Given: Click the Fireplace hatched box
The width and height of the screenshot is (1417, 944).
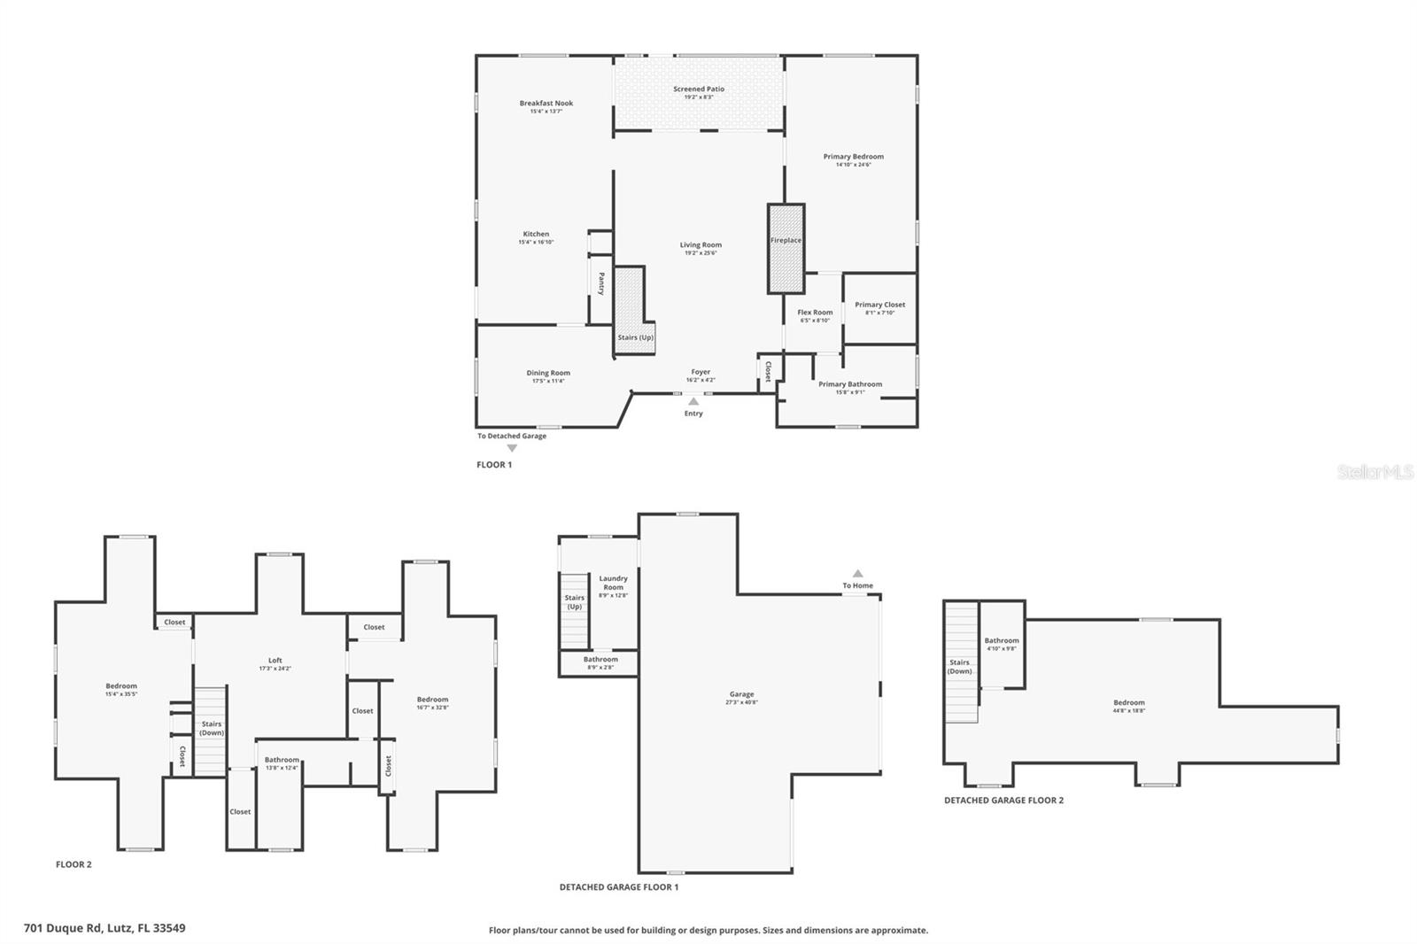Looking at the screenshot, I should [x=786, y=248].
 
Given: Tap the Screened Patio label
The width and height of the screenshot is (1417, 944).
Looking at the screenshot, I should [x=699, y=89].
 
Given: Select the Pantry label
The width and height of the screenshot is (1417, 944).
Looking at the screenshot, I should [x=601, y=283].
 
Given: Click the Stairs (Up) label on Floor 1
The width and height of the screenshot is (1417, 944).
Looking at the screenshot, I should [x=636, y=337].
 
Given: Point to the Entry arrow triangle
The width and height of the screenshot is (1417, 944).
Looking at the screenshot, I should [x=693, y=401].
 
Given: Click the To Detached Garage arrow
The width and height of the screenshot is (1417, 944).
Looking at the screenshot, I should [x=512, y=448].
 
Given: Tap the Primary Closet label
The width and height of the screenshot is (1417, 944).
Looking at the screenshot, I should [x=879, y=305].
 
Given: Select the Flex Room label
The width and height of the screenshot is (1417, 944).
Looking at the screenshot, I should [x=815, y=312].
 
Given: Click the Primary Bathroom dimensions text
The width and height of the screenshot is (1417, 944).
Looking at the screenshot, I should [x=850, y=392].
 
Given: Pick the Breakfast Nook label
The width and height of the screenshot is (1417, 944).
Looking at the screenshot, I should [x=546, y=104].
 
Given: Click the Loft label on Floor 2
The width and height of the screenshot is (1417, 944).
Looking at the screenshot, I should [x=275, y=660].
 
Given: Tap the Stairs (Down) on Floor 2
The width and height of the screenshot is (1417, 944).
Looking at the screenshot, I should [x=211, y=728].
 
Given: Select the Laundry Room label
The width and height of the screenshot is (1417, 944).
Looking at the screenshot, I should [x=613, y=582].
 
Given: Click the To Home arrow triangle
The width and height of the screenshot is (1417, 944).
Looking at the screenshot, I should [x=857, y=573].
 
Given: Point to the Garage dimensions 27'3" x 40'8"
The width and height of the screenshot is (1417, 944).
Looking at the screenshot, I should [x=742, y=703].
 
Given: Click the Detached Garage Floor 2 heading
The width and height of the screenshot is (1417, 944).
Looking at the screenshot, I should [x=1003, y=801].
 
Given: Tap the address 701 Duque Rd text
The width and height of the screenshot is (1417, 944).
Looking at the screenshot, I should [x=105, y=928].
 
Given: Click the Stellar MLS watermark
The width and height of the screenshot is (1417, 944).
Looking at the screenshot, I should [x=1374, y=473].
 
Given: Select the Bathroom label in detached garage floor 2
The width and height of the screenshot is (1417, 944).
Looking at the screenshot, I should [x=1002, y=640].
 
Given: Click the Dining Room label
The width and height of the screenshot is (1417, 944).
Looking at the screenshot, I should [x=548, y=373].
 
